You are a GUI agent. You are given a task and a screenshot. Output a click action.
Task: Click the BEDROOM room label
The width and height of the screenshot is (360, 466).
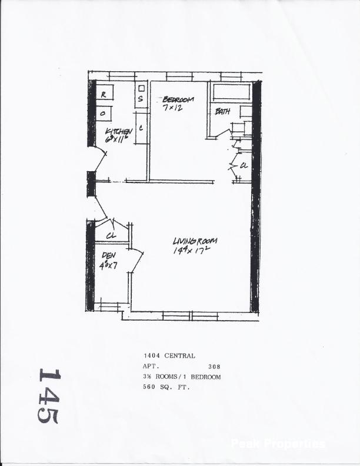click(178, 100)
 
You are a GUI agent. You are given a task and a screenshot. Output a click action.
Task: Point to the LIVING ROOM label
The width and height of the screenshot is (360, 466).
click(195, 241)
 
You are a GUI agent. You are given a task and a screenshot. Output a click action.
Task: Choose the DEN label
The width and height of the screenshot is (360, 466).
click(108, 255)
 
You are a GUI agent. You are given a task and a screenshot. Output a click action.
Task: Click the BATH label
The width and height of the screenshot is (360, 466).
click(222, 111)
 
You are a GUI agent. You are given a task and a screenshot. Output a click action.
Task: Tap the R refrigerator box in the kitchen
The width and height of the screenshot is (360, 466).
click(104, 94)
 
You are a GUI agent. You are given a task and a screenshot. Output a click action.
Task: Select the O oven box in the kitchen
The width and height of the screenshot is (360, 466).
click(104, 112)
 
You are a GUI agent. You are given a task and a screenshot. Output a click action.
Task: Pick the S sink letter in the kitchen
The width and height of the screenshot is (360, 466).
click(141, 99)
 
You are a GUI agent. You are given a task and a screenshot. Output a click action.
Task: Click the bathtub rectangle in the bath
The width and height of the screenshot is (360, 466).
click(232, 92)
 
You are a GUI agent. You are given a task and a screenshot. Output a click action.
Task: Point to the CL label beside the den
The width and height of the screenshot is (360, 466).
click(111, 235)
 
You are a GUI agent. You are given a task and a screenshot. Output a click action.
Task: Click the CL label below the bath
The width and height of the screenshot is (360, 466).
click(243, 166)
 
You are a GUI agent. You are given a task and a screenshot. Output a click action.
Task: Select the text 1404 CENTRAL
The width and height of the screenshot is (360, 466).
click(169, 356)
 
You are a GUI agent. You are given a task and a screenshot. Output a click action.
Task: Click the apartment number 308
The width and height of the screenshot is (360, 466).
click(214, 367)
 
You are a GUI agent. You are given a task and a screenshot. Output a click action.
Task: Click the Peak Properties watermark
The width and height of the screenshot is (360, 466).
click(278, 444)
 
